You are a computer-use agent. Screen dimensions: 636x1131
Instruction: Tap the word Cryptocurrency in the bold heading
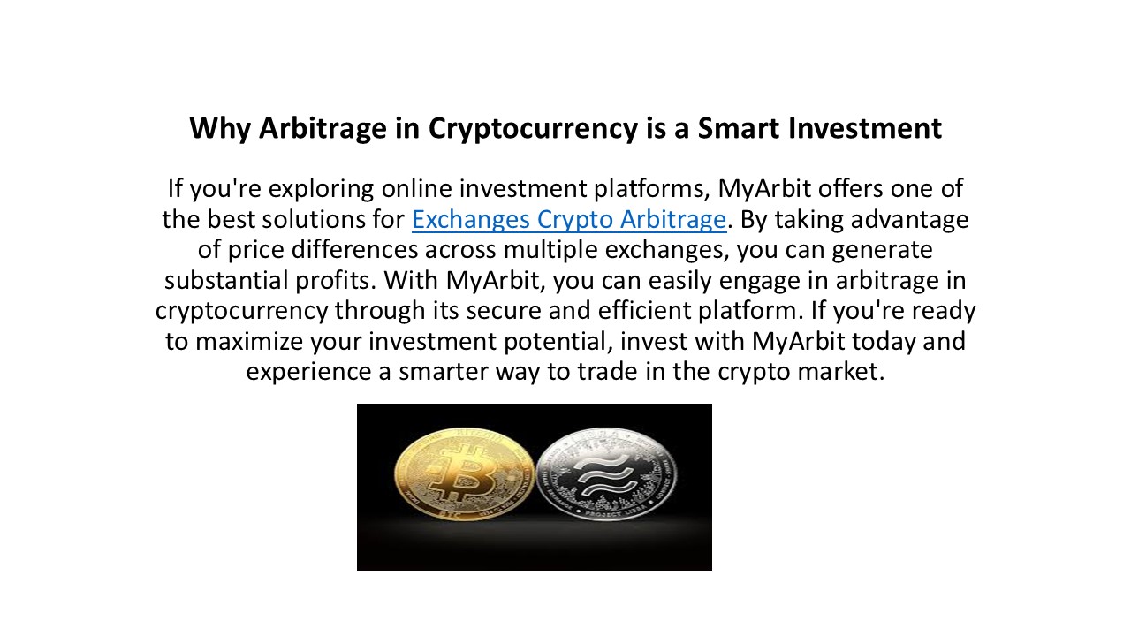[529, 129]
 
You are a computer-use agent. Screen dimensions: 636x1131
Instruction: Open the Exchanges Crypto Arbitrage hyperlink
[569, 219]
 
